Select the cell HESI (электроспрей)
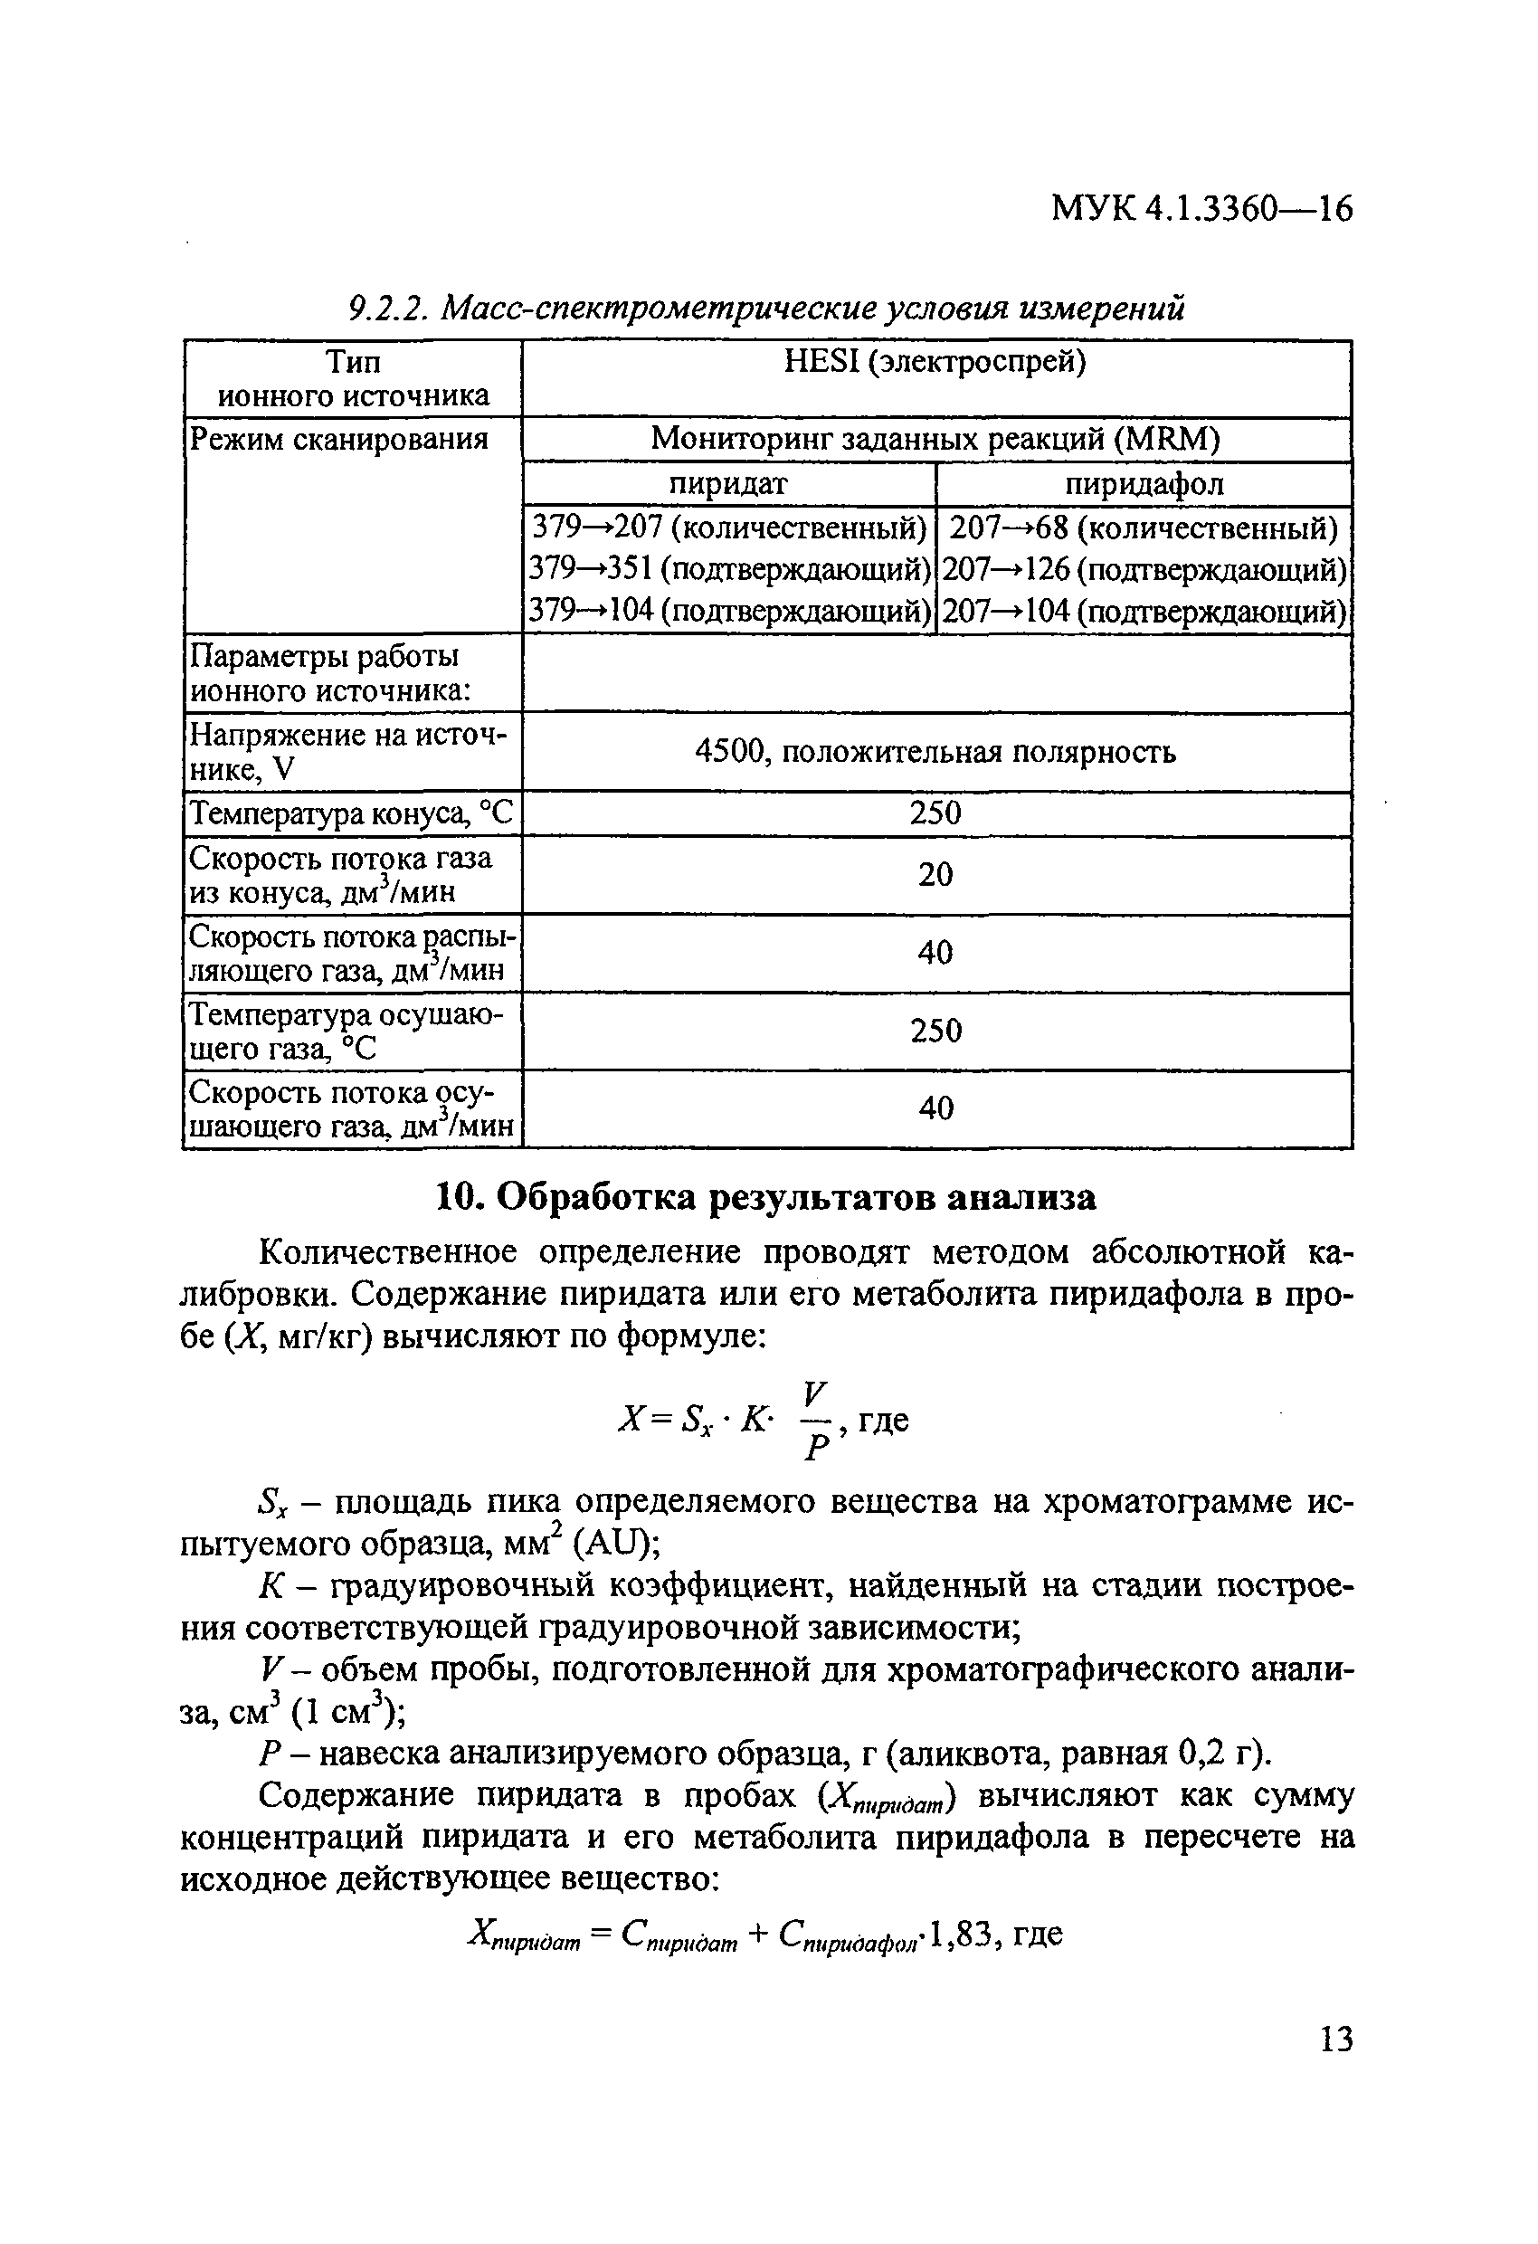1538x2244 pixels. [x=935, y=362]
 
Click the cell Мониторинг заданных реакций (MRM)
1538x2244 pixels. [x=935, y=440]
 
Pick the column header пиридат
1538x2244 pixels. [x=729, y=483]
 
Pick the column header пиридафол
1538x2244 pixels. [x=1144, y=483]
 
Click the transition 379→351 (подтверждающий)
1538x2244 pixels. [x=730, y=570]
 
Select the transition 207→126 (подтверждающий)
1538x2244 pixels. [x=1144, y=570]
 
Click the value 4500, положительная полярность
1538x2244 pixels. [x=935, y=751]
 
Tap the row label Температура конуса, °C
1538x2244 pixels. [x=351, y=814]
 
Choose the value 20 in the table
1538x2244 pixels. [x=935, y=875]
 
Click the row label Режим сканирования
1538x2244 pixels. [x=339, y=440]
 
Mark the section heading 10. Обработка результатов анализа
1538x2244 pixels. [x=766, y=1197]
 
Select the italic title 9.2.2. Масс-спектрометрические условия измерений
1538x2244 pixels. [x=764, y=308]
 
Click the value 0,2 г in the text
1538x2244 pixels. [x=1219, y=1752]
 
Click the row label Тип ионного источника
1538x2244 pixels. [x=353, y=378]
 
